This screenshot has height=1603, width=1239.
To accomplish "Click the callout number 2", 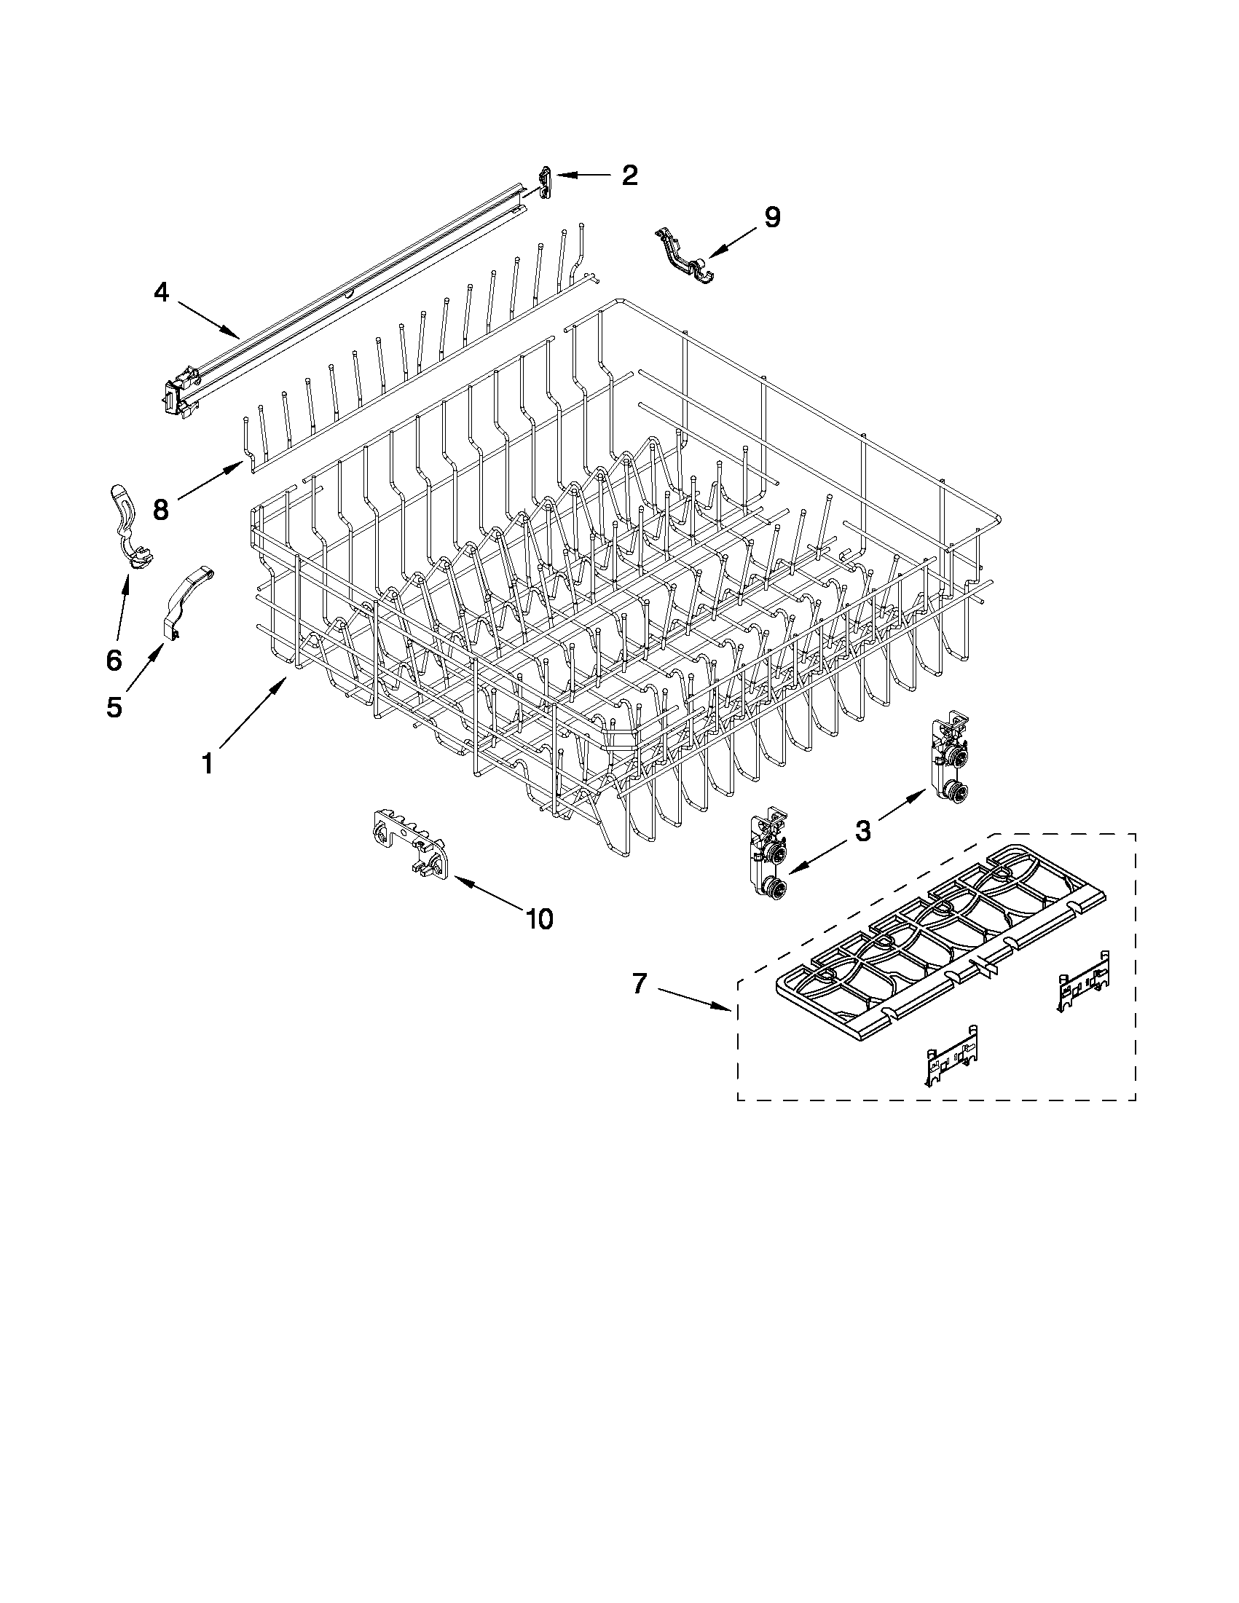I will (629, 176).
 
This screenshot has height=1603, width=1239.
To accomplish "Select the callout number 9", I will (772, 217).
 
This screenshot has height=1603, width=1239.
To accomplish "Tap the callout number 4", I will (162, 293).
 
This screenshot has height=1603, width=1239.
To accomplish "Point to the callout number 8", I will (161, 509).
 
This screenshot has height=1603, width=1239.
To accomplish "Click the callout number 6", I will (114, 660).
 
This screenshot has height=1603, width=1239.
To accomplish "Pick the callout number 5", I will (114, 706).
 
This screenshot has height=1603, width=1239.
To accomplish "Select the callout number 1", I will (208, 764).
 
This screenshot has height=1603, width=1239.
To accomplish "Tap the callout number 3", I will (863, 831).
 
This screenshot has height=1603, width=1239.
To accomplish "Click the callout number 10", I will (540, 918).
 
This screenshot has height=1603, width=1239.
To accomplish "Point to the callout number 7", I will (640, 984).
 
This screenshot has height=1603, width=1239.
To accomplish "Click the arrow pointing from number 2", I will (583, 176).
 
